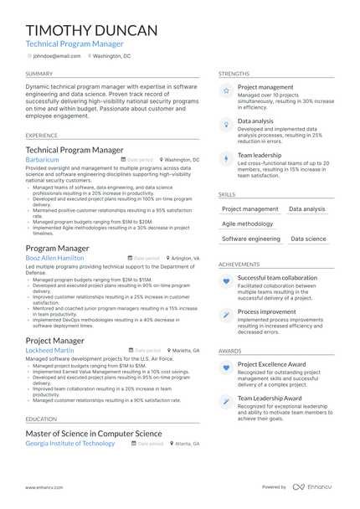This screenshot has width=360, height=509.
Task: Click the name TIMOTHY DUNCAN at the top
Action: pos(91,31)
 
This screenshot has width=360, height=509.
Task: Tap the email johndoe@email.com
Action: pos(57,56)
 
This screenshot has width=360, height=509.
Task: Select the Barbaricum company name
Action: pos(43,159)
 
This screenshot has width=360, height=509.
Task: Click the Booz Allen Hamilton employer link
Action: pos(54,259)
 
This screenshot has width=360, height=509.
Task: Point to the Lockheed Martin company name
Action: pos(49,351)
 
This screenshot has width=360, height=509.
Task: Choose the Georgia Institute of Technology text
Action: pos(70,444)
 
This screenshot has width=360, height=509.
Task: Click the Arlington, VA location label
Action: pos(185,259)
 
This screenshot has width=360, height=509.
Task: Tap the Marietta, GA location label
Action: pos(186,351)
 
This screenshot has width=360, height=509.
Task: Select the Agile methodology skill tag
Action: pos(248,224)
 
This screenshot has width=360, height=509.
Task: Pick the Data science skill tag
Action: pos(308,239)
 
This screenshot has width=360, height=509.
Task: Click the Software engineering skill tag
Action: pos(251,239)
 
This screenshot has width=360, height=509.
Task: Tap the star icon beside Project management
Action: pos(226,90)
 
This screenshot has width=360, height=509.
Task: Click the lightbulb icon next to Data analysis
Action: pos(226,124)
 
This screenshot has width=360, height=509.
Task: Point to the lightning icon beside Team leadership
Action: pos(226,158)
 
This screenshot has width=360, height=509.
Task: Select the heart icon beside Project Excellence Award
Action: pos(226,368)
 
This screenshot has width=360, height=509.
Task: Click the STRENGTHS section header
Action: pos(234,74)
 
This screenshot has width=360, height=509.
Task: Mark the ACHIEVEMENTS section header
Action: pos(239,265)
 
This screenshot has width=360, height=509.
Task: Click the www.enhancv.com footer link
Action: pos(45,486)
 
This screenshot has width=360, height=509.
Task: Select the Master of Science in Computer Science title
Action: pos(94,434)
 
